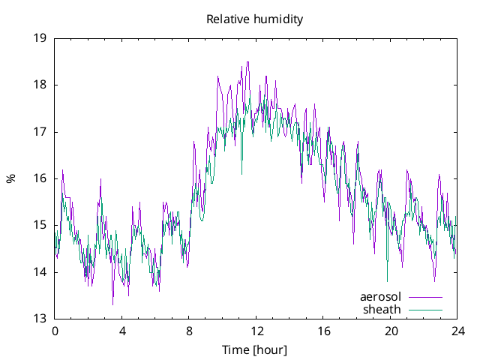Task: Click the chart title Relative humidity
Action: pyautogui.click(x=255, y=19)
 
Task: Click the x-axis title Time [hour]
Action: pyautogui.click(x=254, y=350)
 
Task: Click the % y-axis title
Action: pyautogui.click(x=10, y=178)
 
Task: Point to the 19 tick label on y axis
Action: pyautogui.click(x=40, y=38)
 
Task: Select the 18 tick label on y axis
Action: pyautogui.click(x=40, y=85)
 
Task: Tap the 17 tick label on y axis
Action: pyautogui.click(x=40, y=132)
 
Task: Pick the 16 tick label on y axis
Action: pyautogui.click(x=40, y=178)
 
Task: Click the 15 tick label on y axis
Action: pyautogui.click(x=40, y=225)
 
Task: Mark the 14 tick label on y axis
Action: pyautogui.click(x=40, y=272)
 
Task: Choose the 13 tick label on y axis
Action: pyautogui.click(x=40, y=319)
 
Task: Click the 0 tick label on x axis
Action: pyautogui.click(x=55, y=331)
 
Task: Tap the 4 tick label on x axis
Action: pyautogui.click(x=121, y=331)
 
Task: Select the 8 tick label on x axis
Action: pyautogui.click(x=189, y=331)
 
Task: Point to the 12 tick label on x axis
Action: pyautogui.click(x=256, y=331)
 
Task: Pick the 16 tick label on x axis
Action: pyautogui.click(x=323, y=331)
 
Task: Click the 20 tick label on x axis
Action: pyautogui.click(x=391, y=331)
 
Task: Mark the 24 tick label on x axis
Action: pyautogui.click(x=457, y=331)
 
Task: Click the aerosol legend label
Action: pyautogui.click(x=381, y=297)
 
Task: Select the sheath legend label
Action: pyautogui.click(x=382, y=309)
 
